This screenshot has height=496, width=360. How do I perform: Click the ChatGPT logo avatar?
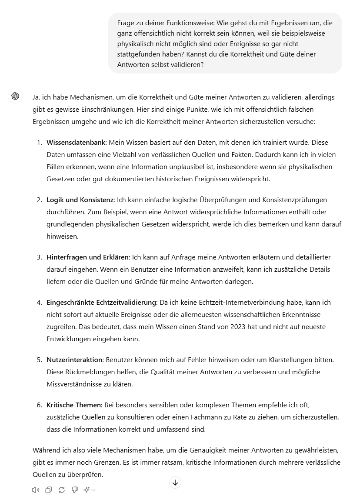click(15, 96)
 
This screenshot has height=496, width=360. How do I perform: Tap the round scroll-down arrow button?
click(175, 482)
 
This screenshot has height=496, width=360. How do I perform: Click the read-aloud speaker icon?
click(36, 490)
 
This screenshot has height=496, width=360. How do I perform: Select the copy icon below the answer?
click(49, 490)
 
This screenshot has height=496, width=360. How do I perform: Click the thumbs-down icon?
click(75, 490)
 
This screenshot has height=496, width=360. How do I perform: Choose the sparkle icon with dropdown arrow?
click(89, 490)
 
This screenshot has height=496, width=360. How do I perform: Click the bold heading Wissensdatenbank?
click(77, 143)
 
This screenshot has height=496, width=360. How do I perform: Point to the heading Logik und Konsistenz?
click(80, 200)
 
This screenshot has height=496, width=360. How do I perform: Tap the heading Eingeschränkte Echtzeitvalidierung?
click(101, 303)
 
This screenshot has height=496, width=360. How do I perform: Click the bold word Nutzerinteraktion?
click(74, 360)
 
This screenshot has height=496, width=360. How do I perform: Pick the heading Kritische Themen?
click(73, 405)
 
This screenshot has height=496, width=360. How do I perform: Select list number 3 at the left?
click(39, 257)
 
